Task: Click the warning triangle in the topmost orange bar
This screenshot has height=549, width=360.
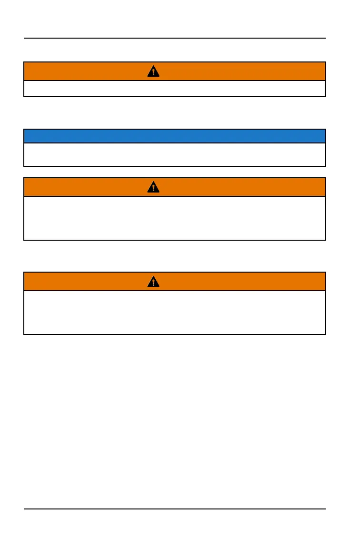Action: click(x=153, y=71)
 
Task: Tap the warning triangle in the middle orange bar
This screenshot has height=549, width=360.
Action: click(x=153, y=187)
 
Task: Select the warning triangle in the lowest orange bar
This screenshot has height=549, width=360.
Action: click(x=153, y=282)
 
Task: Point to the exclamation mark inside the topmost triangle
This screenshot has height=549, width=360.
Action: click(x=153, y=72)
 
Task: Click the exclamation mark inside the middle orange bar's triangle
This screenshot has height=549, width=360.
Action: click(x=153, y=188)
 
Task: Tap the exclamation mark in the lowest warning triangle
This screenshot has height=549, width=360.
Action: click(x=153, y=283)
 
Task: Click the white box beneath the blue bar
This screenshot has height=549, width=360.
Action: click(x=175, y=154)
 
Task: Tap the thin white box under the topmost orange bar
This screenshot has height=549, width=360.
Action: click(x=175, y=89)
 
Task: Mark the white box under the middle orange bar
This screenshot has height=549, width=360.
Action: click(x=175, y=218)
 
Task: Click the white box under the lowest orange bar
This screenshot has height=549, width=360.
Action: click(x=175, y=312)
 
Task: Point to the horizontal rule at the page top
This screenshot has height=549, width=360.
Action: click(x=175, y=38)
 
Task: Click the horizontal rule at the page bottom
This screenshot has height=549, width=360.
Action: click(x=175, y=509)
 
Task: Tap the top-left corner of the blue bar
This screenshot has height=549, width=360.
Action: click(x=24, y=130)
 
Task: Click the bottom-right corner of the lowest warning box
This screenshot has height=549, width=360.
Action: click(x=325, y=334)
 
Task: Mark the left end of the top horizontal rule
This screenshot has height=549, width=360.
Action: click(x=24, y=38)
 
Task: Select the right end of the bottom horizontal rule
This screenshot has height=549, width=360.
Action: click(x=325, y=509)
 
